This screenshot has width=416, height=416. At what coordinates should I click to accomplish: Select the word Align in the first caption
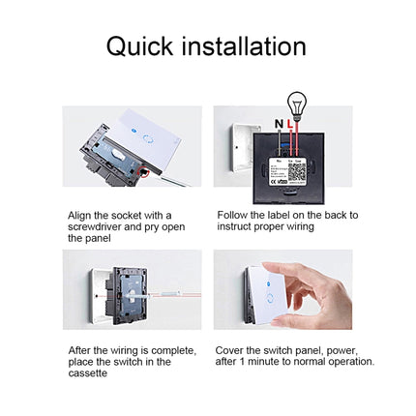point(79,215)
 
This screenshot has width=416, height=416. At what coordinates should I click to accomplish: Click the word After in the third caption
point(78,349)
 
